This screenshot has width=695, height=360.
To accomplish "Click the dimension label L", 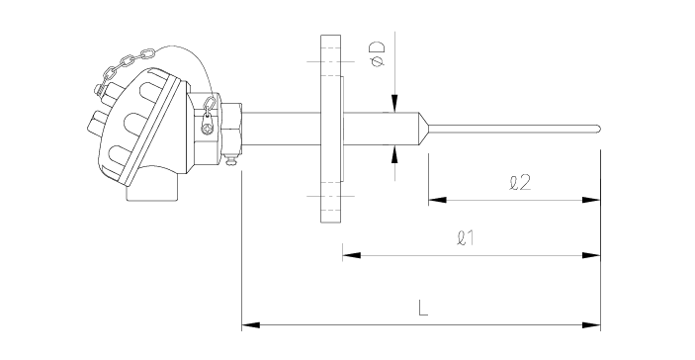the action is [423, 308].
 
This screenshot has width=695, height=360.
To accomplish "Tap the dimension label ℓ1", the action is [466, 238].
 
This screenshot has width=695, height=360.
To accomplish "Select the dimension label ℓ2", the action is [520, 183].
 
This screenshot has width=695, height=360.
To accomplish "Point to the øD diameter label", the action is [378, 54].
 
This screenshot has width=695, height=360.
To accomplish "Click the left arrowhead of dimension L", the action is [250, 325].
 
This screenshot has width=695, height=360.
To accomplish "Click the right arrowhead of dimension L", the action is [592, 325].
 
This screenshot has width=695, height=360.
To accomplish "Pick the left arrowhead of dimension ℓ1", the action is [352, 255].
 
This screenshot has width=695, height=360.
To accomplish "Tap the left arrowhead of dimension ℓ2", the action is [438, 200].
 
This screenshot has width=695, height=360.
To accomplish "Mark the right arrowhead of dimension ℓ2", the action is [591, 200].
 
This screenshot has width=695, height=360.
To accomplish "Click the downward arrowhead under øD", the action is [394, 103].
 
